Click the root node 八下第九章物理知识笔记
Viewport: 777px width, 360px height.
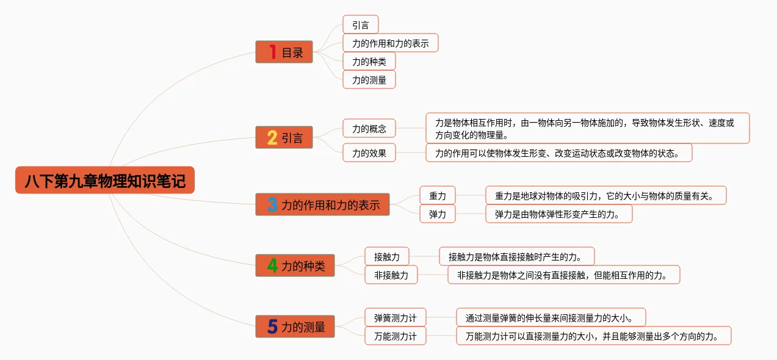pyautogui.click(x=105, y=181)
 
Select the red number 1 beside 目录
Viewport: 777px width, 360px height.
pyautogui.click(x=273, y=52)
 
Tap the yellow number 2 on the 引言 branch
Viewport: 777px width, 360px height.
pyautogui.click(x=272, y=138)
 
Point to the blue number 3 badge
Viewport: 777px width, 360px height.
pyautogui.click(x=272, y=205)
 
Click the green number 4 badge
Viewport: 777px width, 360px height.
pyautogui.click(x=272, y=266)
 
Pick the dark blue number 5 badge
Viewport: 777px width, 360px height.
pyautogui.click(x=272, y=327)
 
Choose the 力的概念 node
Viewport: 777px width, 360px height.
pyautogui.click(x=369, y=129)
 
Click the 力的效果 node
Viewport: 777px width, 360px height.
pyautogui.click(x=369, y=153)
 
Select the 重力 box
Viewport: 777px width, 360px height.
pyautogui.click(x=438, y=196)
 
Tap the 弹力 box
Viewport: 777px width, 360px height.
pyautogui.click(x=438, y=214)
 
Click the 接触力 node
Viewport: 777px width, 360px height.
pyautogui.click(x=386, y=257)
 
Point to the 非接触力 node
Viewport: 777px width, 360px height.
pyautogui.click(x=391, y=275)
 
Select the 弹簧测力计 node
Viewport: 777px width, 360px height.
pyautogui.click(x=395, y=318)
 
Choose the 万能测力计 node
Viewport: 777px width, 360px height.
pyautogui.click(x=395, y=336)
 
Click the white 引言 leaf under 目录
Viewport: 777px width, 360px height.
pyautogui.click(x=360, y=25)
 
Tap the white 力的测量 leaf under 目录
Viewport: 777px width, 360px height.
pyautogui.click(x=369, y=80)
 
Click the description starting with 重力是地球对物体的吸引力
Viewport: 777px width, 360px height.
pyautogui.click(x=605, y=196)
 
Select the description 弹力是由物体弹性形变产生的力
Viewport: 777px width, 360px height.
pyautogui.click(x=558, y=214)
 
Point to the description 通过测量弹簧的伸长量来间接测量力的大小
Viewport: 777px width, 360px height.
pyautogui.click(x=551, y=318)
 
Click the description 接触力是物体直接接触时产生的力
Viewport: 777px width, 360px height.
pyautogui.click(x=516, y=257)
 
